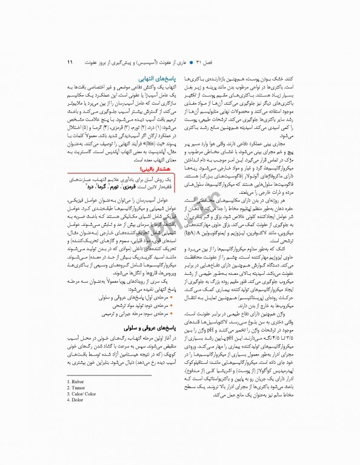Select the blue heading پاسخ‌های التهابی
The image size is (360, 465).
point(158,79)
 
